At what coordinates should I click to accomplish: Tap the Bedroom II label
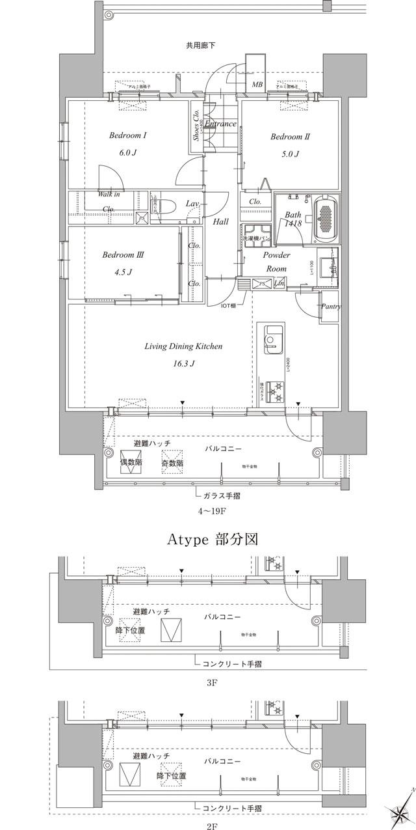289,137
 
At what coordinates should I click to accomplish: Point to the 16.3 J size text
183,363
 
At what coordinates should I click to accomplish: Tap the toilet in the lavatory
162,207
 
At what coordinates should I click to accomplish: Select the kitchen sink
272,340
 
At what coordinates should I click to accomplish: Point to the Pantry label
331,306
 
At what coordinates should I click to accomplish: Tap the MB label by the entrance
257,85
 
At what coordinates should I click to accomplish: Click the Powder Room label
276,262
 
